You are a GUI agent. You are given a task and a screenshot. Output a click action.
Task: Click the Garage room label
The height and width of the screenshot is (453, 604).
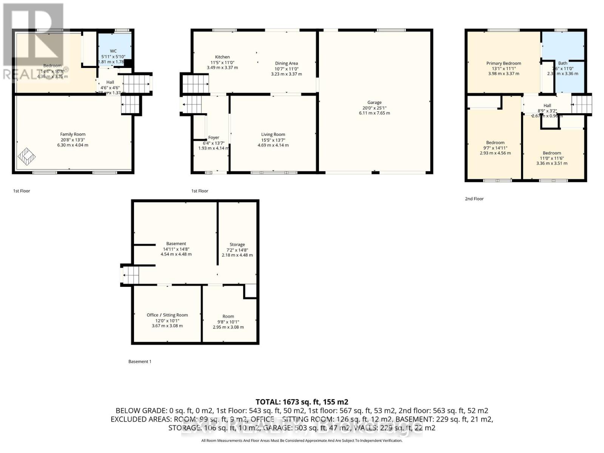374,102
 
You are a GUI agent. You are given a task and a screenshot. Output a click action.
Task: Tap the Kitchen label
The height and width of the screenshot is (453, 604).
222,57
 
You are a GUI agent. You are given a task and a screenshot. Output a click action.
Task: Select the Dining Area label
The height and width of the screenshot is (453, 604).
286,63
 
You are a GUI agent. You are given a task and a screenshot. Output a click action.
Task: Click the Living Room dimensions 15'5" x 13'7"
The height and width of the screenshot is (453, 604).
273,140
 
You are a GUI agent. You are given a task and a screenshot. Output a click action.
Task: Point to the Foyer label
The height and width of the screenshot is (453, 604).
213,137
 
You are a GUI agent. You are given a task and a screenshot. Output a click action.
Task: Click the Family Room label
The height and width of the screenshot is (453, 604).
72,134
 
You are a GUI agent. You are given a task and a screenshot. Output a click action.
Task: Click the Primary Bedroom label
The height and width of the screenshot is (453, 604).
503,63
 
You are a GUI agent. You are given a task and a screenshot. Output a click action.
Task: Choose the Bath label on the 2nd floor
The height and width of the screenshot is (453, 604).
562,63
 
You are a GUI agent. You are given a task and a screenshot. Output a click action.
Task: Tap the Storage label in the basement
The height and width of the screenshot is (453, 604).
237,245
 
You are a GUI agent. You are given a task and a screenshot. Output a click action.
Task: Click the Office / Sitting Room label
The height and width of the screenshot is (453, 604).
167,315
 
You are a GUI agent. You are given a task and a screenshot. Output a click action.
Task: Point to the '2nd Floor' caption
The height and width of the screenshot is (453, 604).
474,199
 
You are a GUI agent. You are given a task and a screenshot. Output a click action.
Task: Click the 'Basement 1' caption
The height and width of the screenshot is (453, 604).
140,361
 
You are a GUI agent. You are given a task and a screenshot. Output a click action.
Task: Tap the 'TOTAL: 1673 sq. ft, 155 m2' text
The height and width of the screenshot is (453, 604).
302,402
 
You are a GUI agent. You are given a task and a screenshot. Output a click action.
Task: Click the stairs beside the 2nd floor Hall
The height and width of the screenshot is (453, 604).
581,104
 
